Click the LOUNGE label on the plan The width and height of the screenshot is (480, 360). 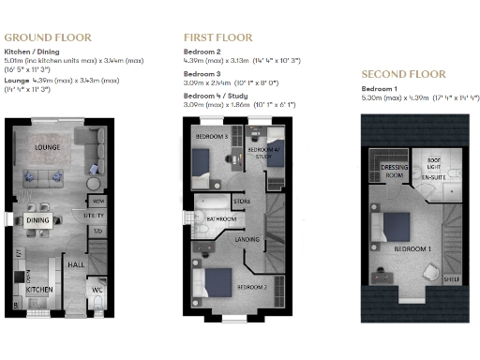click(49, 148)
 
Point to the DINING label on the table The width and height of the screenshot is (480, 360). click(38, 220)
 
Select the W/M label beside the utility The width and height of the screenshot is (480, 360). click(98, 201)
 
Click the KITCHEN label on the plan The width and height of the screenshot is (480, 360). click(39, 291)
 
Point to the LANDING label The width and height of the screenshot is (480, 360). click(247, 240)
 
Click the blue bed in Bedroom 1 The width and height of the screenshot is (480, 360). click(394, 226)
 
